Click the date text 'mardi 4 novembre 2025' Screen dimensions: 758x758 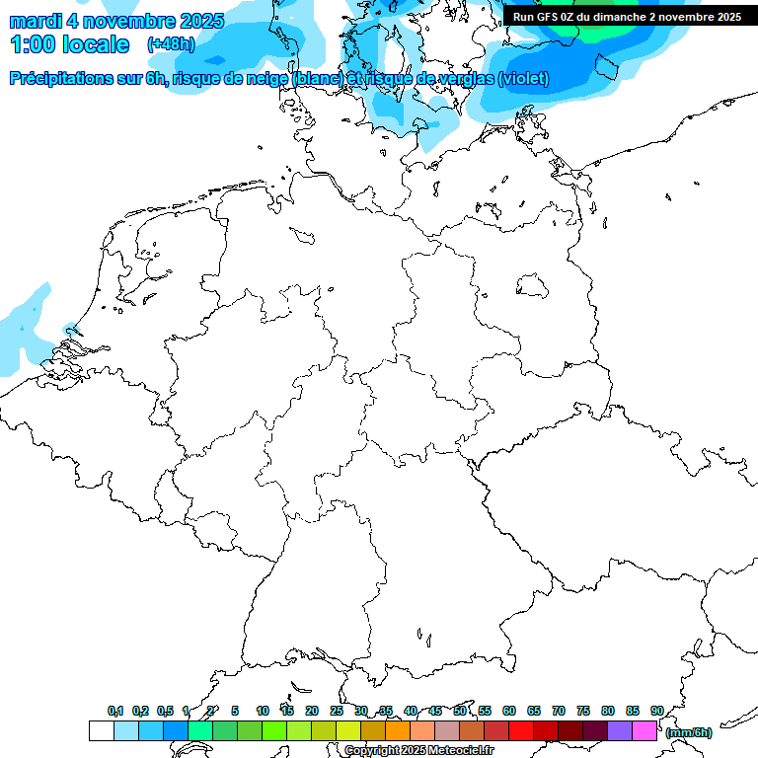pyautogui.click(x=116, y=21)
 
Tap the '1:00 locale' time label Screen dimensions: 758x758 pyautogui.click(x=69, y=44)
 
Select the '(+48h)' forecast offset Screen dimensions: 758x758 pyautogui.click(x=171, y=44)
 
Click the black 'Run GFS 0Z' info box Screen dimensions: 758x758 pyautogui.click(x=628, y=17)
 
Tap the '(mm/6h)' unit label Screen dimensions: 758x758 pyautogui.click(x=688, y=732)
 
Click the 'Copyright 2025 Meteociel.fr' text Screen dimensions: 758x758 pyautogui.click(x=418, y=751)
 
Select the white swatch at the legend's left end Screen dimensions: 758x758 pyautogui.click(x=101, y=731)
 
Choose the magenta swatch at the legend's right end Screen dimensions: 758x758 pyautogui.click(x=644, y=731)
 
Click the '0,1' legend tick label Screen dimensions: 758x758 pyautogui.click(x=115, y=711)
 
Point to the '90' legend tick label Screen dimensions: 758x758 pyautogui.click(x=656, y=711)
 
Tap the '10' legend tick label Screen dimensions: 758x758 pyautogui.click(x=263, y=711)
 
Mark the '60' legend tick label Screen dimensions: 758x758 pyautogui.click(x=509, y=711)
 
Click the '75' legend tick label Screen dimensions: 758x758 pyautogui.click(x=583, y=711)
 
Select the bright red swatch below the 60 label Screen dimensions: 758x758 pyautogui.click(x=521, y=731)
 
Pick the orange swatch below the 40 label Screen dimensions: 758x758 pyautogui.click(x=398, y=731)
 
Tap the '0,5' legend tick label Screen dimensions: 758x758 pyautogui.click(x=165, y=711)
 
